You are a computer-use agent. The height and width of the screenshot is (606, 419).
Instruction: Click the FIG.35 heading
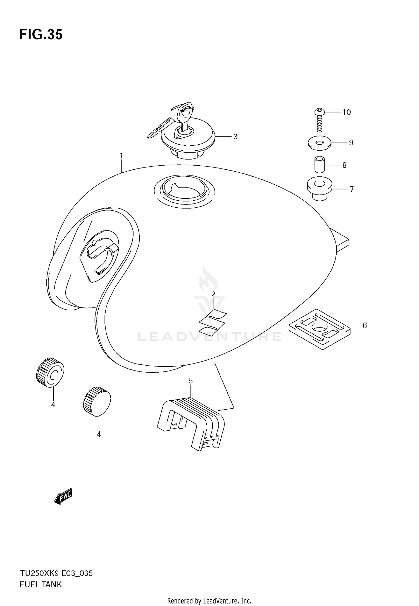pyautogui.click(x=41, y=35)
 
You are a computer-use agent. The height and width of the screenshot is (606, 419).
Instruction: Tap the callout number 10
pyautogui.click(x=346, y=112)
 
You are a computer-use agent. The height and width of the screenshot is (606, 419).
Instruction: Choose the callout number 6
pyautogui.click(x=365, y=325)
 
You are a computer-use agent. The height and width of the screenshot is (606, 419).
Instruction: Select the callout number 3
pyautogui.click(x=235, y=137)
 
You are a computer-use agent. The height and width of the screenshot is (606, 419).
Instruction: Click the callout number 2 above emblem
pyautogui.click(x=213, y=294)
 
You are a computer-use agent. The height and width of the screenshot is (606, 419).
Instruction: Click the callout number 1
pyautogui.click(x=121, y=156)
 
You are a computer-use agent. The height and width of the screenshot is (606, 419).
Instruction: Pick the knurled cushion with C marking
pyautogui.click(x=50, y=372)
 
